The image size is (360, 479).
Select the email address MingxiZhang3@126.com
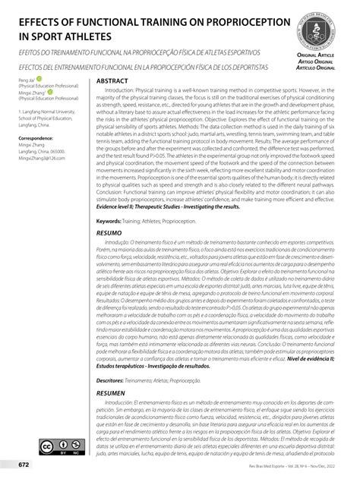(42, 157)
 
